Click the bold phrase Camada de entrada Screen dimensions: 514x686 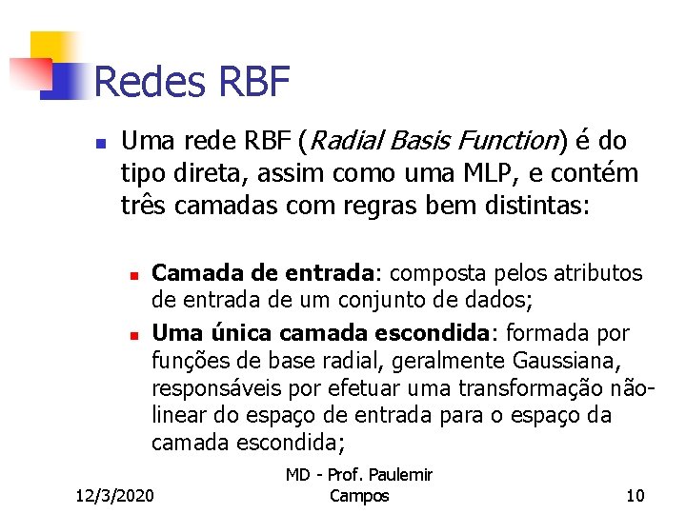(265, 272)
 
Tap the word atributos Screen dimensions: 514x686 (590, 272)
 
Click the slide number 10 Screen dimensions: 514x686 (635, 495)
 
